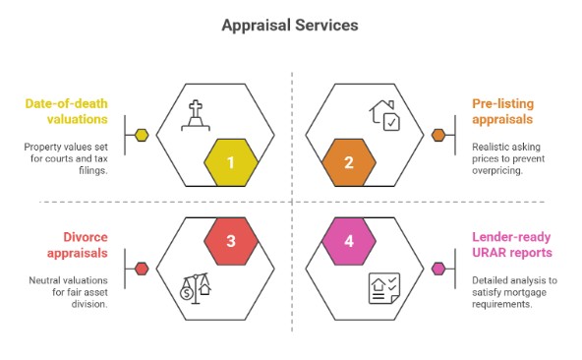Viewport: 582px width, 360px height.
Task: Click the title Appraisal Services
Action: coord(291,26)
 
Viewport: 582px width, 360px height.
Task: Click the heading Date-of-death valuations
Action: coord(70,110)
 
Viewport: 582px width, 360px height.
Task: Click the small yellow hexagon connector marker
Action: coord(141,135)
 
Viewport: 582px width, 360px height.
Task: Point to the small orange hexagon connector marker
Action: coord(439,135)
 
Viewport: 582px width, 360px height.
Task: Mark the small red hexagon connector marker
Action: coord(141,268)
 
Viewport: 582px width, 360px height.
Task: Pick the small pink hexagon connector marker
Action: coord(439,268)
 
